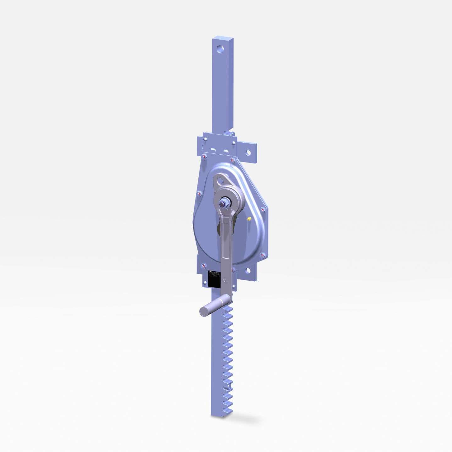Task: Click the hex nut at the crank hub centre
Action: point(224,203)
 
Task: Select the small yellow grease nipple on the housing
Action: point(249,218)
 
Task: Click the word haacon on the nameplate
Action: point(216,272)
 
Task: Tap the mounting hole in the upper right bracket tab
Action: point(248,152)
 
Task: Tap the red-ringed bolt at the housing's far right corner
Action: point(262,210)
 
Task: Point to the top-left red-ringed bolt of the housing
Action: point(204,157)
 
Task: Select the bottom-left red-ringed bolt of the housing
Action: point(204,266)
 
